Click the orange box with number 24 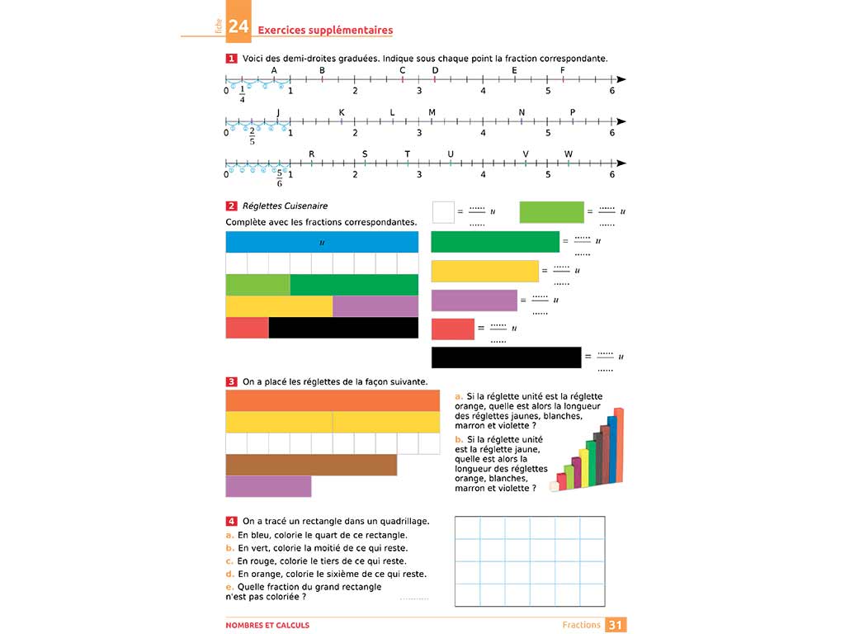pos(238,28)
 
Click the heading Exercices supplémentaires pos(325,31)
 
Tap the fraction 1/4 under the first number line pos(242,94)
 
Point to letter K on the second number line pos(341,112)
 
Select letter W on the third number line pos(569,154)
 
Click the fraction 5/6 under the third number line pos(280,177)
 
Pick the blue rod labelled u pos(322,242)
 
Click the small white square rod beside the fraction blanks pos(443,212)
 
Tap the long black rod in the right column pos(506,357)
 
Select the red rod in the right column pos(452,329)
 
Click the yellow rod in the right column pos(484,271)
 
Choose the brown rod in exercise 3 pos(311,465)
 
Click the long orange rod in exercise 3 pos(333,400)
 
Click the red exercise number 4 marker pos(232,521)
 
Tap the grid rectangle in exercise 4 pos(529,561)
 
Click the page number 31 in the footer pos(616,625)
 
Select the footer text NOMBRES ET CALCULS pos(267,625)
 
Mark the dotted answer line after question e pos(414,597)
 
